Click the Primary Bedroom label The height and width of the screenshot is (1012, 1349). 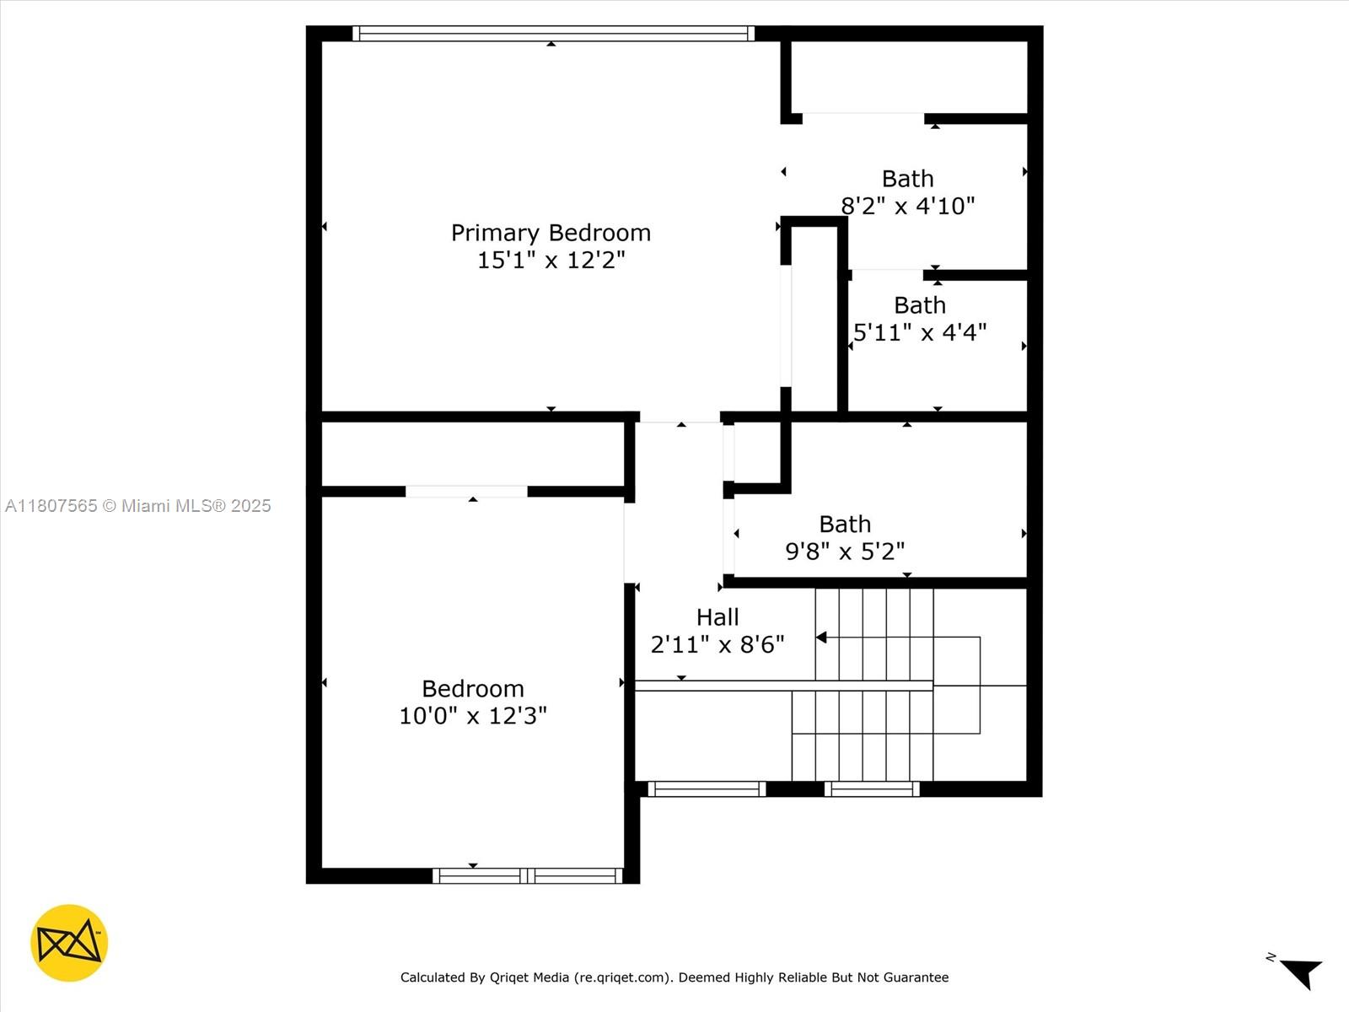point(551,234)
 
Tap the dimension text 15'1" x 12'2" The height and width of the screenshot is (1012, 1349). point(551,260)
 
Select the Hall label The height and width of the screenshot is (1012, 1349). point(717,617)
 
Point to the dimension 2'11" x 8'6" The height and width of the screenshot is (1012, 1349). point(717,644)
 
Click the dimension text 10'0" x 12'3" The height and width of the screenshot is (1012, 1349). point(473,716)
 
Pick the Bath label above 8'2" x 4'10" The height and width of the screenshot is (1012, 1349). point(908,179)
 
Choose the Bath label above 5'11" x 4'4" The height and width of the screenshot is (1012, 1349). point(919,305)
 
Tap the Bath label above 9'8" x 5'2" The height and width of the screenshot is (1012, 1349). point(845,524)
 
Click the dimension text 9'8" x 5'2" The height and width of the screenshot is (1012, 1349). point(845,552)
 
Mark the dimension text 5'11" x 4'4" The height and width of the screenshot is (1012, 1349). point(919,332)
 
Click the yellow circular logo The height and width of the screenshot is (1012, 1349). point(69,943)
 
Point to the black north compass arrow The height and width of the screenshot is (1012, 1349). point(1303,972)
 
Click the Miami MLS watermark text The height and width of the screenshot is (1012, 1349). point(137,506)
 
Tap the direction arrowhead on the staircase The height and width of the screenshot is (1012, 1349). point(821,638)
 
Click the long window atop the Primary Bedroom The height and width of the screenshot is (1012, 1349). point(553,33)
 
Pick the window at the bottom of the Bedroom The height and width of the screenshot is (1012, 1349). point(528,875)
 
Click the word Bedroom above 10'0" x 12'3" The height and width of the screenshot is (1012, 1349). point(473,689)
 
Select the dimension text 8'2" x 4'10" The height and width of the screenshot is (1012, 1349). point(908,206)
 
